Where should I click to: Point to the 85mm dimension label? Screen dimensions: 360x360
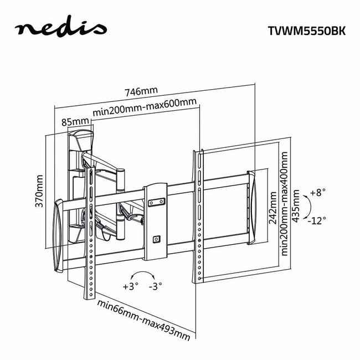75,121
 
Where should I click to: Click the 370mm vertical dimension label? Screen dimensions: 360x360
39,191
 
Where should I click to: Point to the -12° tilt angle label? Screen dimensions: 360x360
318,220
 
